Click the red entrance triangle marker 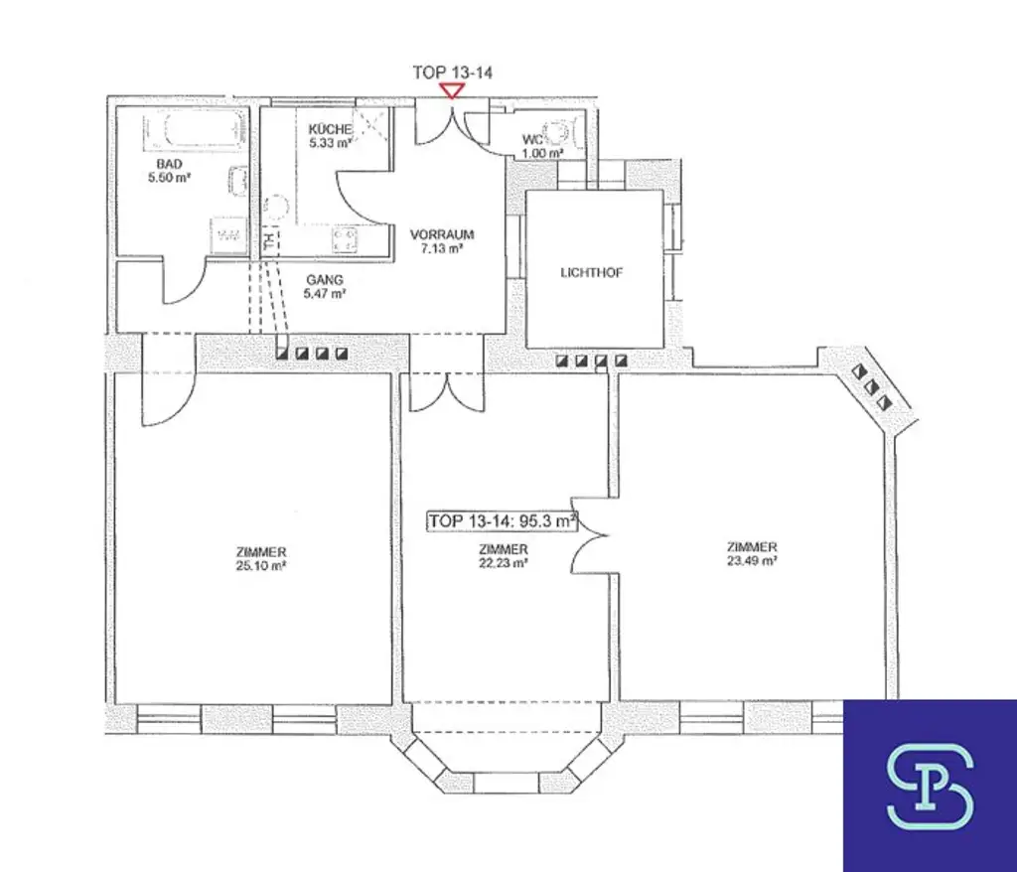tap(453, 90)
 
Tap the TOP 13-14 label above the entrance tap(453, 73)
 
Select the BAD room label tap(169, 164)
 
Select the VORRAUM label tap(442, 234)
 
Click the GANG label tap(325, 280)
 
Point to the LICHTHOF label tap(592, 273)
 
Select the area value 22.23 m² tap(503, 563)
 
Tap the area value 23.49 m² tap(751, 560)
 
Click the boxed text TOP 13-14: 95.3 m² tap(503, 521)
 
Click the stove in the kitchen tap(347, 238)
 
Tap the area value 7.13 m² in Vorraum tap(442, 248)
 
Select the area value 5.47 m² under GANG tap(325, 294)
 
